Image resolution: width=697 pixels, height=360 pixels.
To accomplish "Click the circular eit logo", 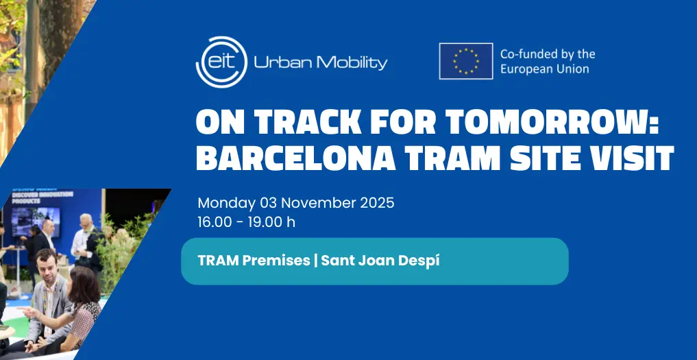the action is (221, 62).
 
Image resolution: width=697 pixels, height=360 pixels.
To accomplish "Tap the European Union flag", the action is (466, 61).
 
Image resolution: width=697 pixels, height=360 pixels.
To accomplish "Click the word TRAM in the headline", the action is (453, 158).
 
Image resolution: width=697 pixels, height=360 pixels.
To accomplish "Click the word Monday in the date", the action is (227, 204).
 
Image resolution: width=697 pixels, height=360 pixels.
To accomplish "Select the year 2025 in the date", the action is (377, 203).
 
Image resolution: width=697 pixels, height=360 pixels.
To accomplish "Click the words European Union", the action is (545, 69).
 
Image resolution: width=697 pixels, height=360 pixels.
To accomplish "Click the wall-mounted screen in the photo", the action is (36, 221).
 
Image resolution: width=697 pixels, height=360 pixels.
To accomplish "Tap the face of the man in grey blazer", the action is (47, 263).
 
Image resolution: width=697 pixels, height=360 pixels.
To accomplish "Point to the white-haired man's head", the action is (86, 221).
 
